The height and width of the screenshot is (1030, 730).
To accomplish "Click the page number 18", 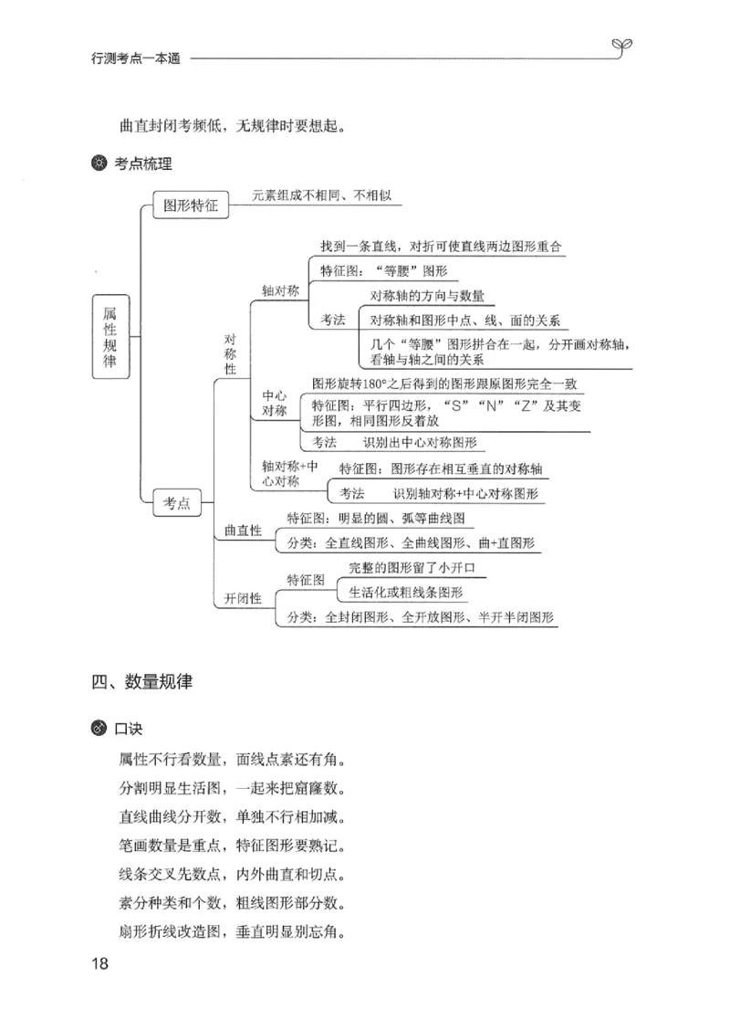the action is pyautogui.click(x=100, y=964).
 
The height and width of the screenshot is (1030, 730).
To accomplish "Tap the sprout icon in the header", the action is pyautogui.click(x=620, y=47).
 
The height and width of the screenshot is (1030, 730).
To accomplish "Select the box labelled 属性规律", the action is pyautogui.click(x=110, y=337).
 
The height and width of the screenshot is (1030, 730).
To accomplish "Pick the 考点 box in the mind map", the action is pyautogui.click(x=177, y=502).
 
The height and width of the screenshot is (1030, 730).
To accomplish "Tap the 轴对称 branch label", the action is pyautogui.click(x=280, y=291).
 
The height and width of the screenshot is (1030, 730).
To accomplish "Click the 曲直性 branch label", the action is pyautogui.click(x=243, y=531).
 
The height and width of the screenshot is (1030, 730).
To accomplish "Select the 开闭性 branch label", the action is pyautogui.click(x=243, y=599).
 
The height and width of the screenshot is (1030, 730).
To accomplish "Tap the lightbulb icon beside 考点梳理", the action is pyautogui.click(x=99, y=164).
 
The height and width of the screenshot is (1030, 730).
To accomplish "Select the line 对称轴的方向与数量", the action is pyautogui.click(x=427, y=296).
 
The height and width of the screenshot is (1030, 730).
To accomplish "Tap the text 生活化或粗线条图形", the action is pyautogui.click(x=406, y=592).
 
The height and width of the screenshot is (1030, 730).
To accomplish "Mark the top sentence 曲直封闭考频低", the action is pyautogui.click(x=232, y=125).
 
